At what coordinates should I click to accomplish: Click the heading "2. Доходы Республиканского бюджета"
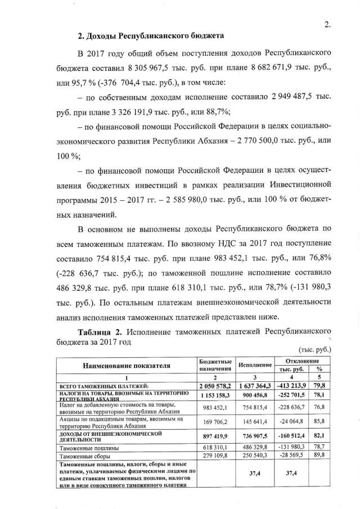pyautogui.click(x=151, y=37)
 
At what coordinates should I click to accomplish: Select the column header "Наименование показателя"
pyautogui.click(x=127, y=366)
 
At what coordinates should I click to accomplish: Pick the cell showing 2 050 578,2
pyautogui.click(x=217, y=385)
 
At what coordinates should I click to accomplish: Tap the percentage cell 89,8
pyautogui.click(x=319, y=455)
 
